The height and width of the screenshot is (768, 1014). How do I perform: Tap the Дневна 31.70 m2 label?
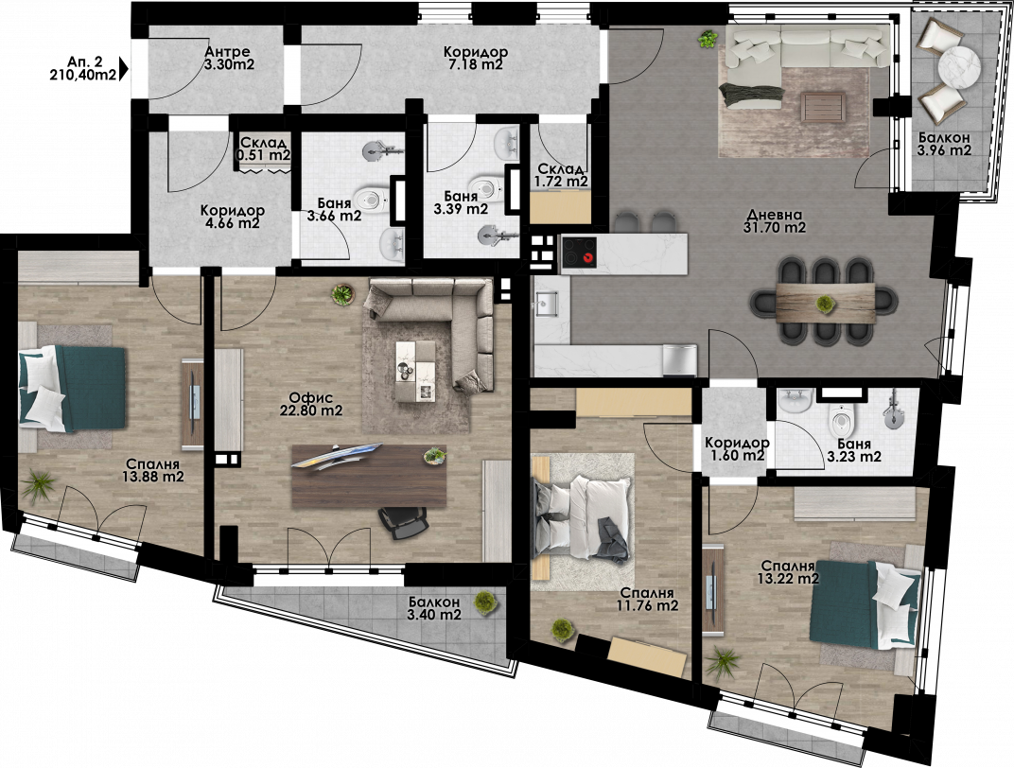(775, 221)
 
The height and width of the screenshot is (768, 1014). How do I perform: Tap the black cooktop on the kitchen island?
(580, 251)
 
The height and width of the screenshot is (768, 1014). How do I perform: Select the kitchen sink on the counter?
(547, 304)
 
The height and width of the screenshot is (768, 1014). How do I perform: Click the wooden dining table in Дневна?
(825, 302)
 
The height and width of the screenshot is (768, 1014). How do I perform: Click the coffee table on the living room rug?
(823, 107)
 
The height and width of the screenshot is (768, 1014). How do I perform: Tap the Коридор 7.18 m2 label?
(475, 59)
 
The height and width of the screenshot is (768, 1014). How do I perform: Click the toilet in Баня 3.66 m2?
(373, 200)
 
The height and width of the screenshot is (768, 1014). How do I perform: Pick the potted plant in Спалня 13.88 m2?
(41, 483)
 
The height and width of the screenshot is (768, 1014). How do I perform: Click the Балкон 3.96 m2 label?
(944, 144)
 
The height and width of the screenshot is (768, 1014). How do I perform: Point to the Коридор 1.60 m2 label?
(737, 449)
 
